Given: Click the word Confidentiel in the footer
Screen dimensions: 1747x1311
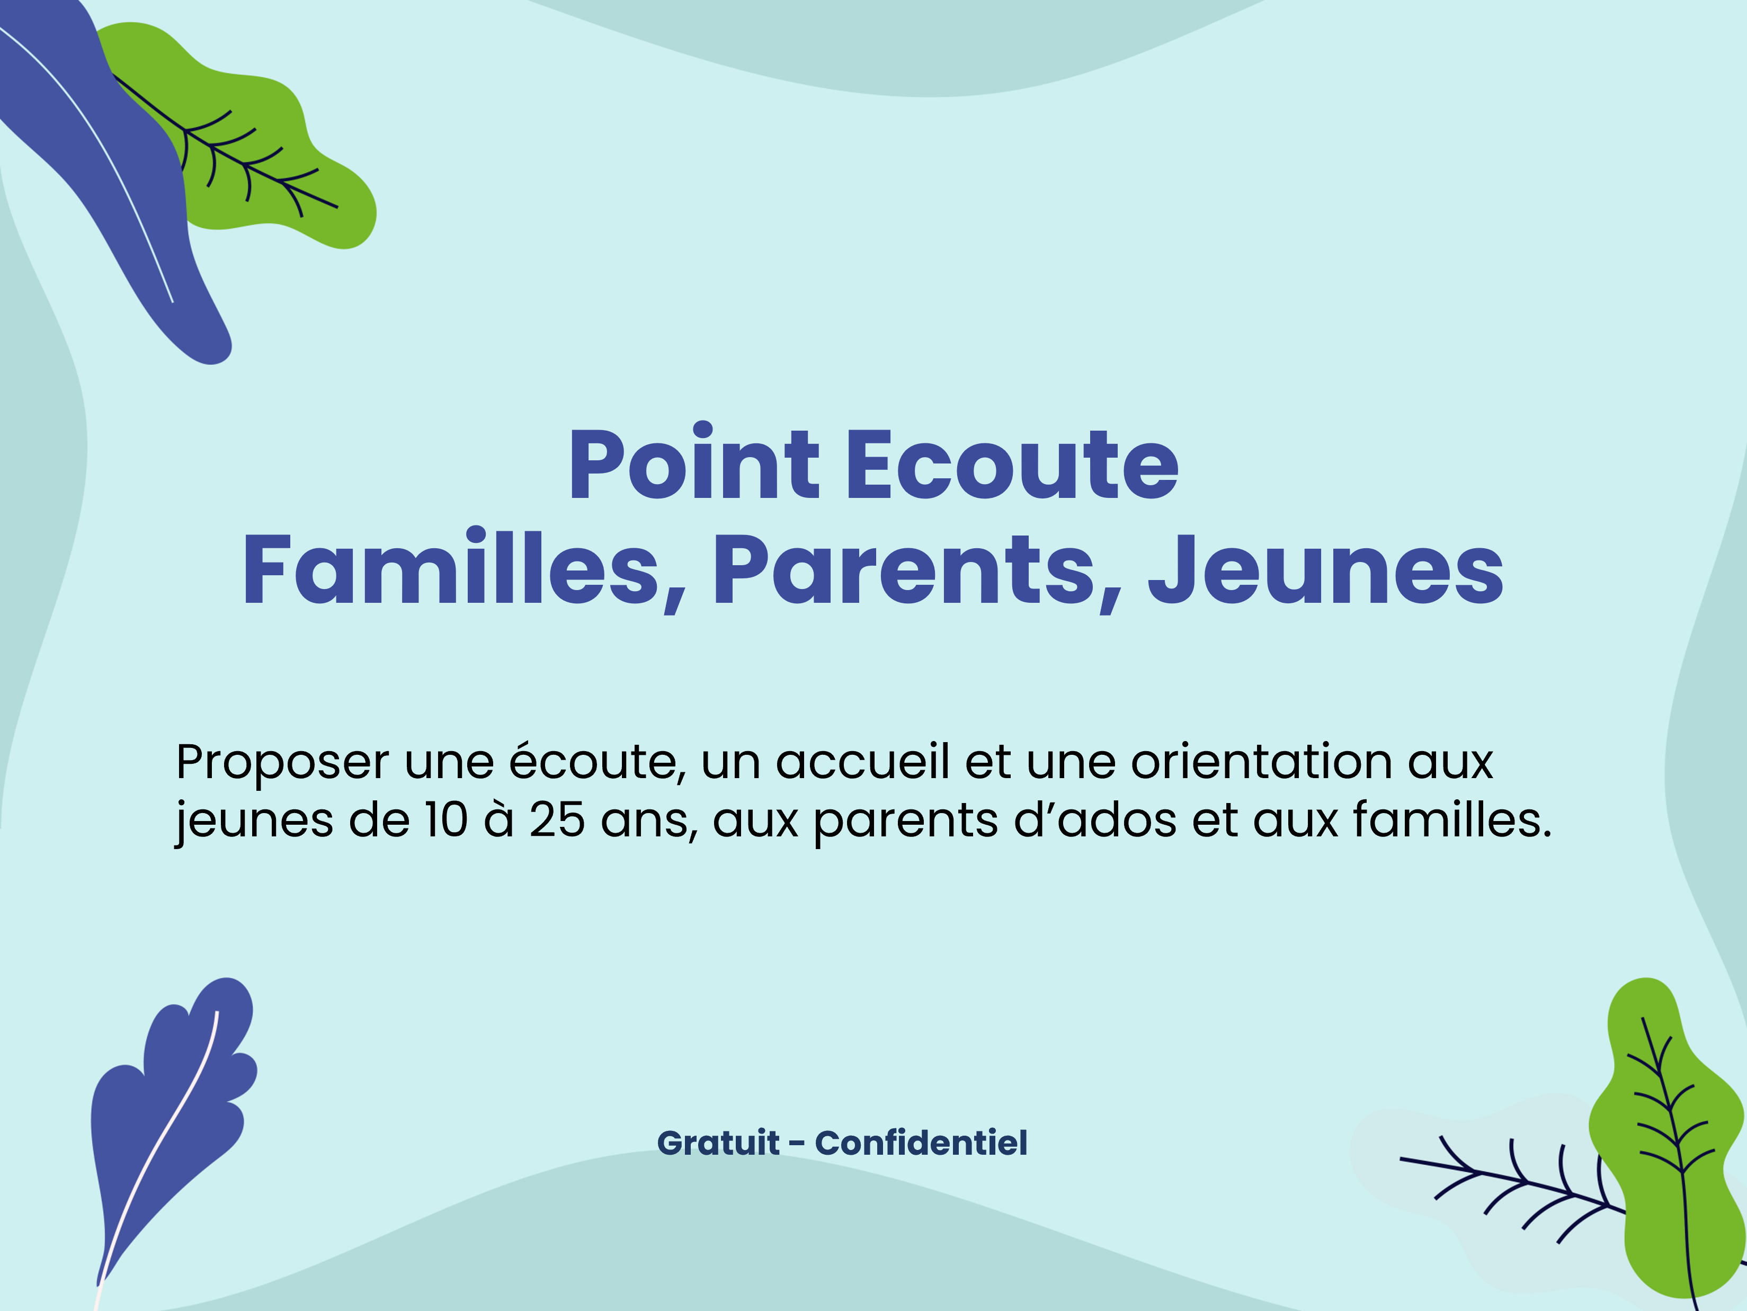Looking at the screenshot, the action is (921, 1143).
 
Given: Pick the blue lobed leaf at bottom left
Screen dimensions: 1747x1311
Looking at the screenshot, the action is (170, 1121).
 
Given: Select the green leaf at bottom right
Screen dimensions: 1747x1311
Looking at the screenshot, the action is (1666, 1137).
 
